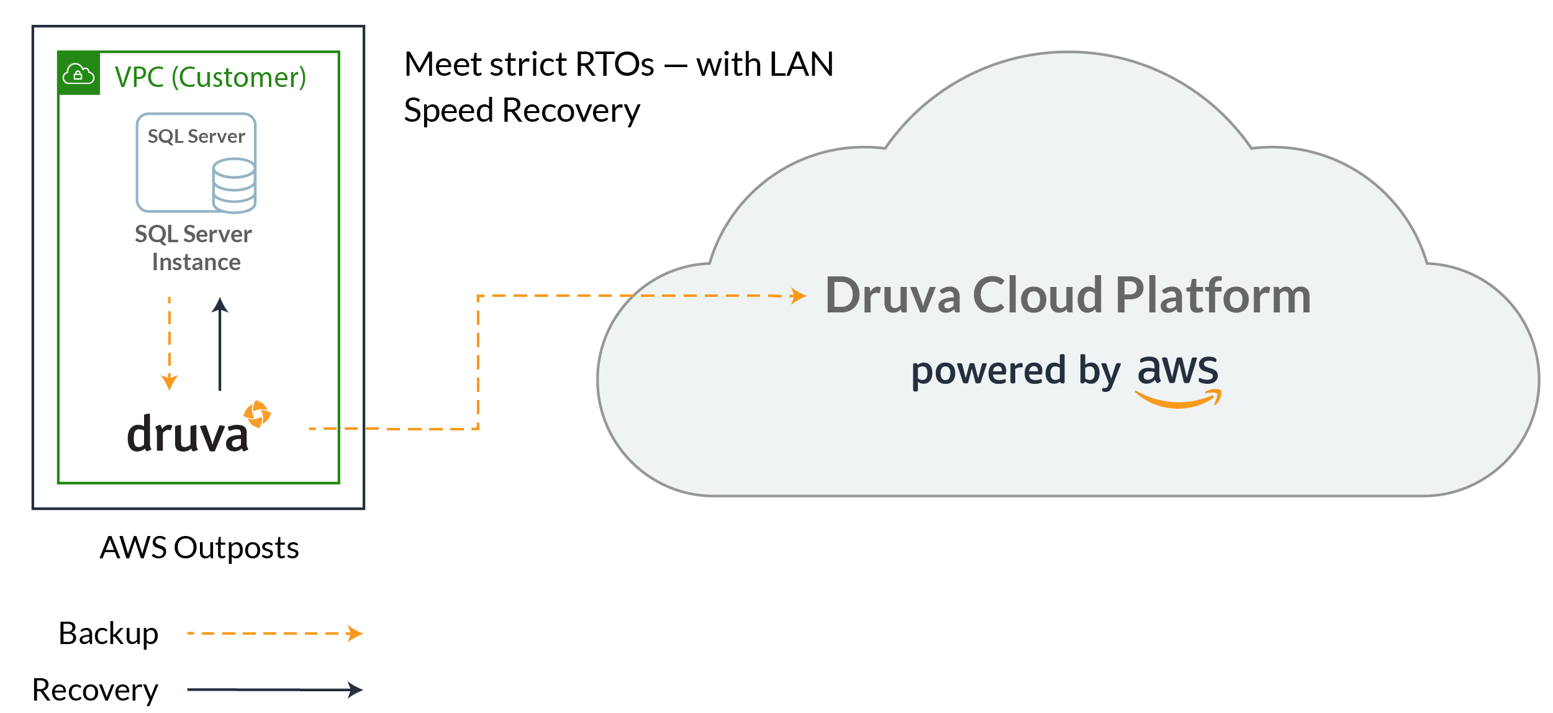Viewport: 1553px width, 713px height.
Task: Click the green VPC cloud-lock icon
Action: click(79, 74)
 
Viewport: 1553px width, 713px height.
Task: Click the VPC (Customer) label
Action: click(211, 78)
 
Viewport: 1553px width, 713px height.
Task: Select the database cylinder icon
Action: click(234, 185)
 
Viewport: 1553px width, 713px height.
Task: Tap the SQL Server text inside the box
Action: click(196, 137)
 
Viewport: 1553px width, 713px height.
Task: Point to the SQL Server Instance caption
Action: click(194, 248)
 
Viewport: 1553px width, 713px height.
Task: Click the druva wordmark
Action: click(188, 434)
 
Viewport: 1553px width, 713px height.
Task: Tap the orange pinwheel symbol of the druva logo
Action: click(257, 414)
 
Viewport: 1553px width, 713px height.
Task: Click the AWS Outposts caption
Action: click(199, 548)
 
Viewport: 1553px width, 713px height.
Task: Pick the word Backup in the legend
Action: click(109, 634)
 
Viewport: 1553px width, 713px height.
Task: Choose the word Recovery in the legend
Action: click(95, 689)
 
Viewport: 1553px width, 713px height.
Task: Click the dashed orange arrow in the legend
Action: click(274, 634)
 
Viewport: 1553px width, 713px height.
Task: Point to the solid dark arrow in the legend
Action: click(274, 689)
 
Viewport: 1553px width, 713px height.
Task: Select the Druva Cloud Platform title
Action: click(1068, 296)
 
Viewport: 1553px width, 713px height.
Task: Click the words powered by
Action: click(1016, 371)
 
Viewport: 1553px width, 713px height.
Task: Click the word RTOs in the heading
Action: click(615, 64)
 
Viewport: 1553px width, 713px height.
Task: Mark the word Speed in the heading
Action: click(448, 111)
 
